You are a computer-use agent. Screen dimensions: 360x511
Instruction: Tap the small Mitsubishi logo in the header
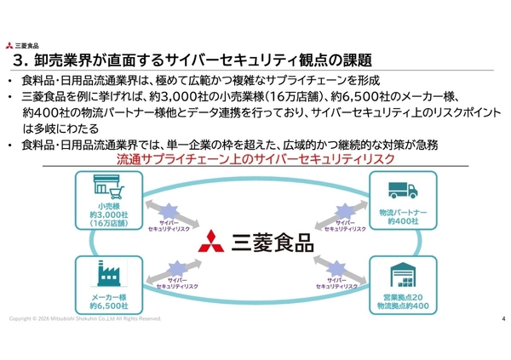pyautogui.click(x=9, y=45)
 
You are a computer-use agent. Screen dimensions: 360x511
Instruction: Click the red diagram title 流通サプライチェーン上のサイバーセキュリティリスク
pyautogui.click(x=254, y=159)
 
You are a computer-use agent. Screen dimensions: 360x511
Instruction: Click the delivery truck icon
pyautogui.click(x=402, y=191)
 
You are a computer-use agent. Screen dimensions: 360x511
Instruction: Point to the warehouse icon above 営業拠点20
pyautogui.click(x=402, y=277)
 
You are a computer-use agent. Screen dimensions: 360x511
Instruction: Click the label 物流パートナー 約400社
pyautogui.click(x=402, y=216)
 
